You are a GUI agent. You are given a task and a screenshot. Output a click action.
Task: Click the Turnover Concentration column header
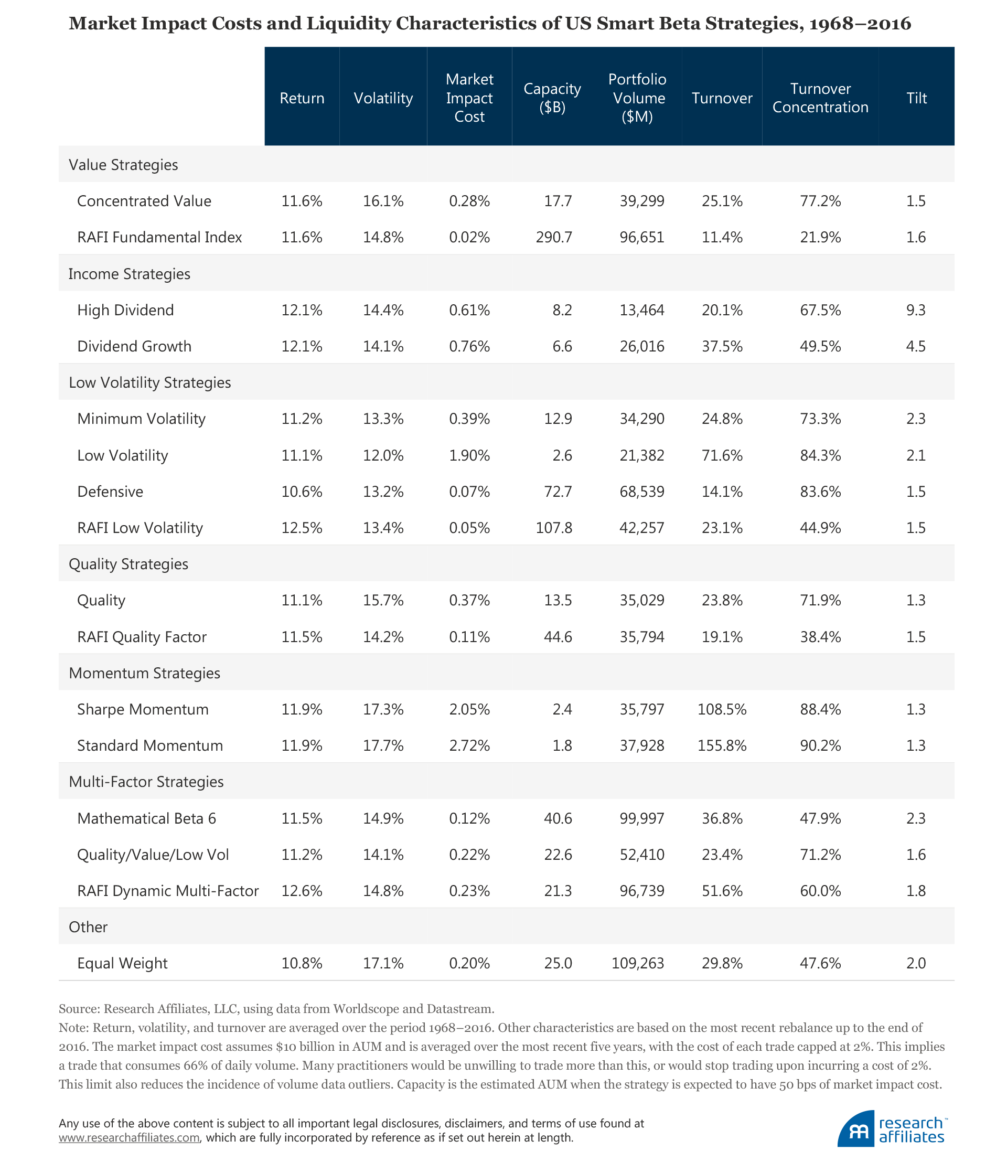(820, 98)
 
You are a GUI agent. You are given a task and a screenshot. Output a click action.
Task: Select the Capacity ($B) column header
(552, 98)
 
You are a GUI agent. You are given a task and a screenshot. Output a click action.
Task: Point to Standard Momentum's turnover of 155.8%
(722, 745)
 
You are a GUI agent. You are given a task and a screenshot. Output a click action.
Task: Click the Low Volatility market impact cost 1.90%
(469, 455)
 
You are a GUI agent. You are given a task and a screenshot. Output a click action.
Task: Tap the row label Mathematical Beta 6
(146, 818)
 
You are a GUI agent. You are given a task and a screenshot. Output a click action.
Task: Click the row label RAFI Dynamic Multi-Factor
(167, 890)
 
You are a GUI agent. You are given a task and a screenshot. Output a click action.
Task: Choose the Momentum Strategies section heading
(144, 673)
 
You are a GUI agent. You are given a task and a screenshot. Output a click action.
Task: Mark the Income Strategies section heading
(129, 274)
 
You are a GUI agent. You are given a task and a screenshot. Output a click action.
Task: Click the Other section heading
(88, 927)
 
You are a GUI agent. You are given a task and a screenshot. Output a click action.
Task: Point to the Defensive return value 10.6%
(302, 492)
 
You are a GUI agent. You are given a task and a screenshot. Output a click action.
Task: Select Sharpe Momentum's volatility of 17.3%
(383, 709)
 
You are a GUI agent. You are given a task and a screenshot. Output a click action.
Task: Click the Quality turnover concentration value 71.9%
(820, 600)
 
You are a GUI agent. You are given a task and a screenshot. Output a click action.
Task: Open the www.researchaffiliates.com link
(129, 1137)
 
